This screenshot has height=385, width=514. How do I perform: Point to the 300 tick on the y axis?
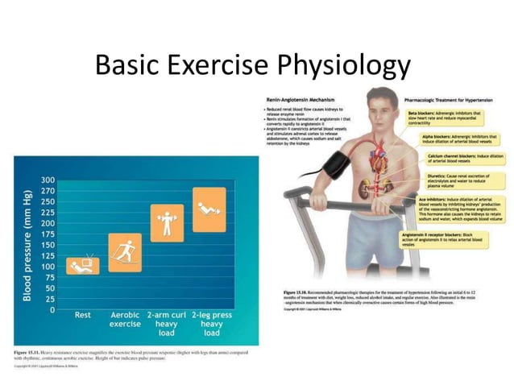coord(48,179)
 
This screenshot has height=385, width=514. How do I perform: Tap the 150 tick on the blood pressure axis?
coord(48,244)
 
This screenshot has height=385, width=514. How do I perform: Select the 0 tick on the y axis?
coord(52,309)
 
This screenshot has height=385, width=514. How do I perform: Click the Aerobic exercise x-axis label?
coord(125,320)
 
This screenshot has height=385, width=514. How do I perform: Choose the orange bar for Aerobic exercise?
coord(125,252)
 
